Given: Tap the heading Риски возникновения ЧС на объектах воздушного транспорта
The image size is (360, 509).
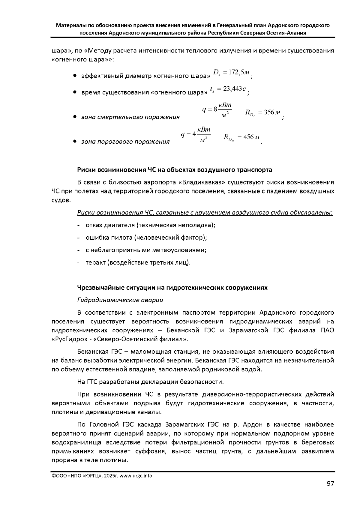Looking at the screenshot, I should click(x=174, y=170).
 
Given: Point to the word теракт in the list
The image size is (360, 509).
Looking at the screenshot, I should click(x=95, y=263).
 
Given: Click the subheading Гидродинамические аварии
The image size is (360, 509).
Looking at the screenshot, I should click(x=120, y=300).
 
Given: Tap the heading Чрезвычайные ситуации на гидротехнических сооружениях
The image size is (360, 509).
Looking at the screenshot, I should click(x=172, y=288).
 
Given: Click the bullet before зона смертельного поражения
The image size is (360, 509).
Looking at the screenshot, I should click(x=75, y=117).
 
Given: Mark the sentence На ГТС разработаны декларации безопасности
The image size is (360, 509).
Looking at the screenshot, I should click(x=150, y=382).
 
